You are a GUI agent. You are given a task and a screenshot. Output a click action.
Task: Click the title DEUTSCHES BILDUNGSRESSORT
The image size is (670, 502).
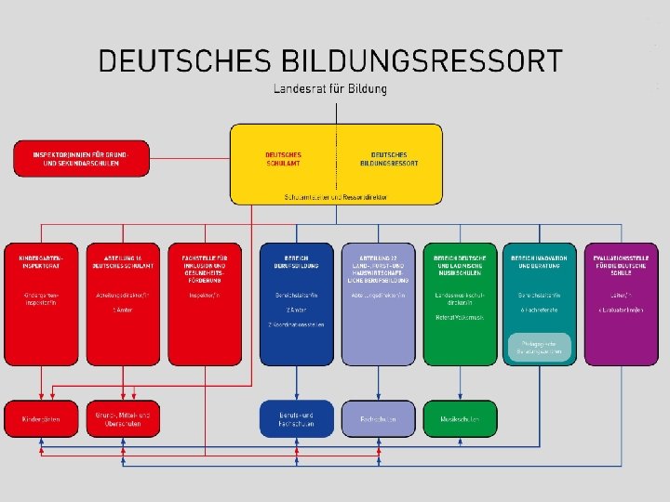point(329,61)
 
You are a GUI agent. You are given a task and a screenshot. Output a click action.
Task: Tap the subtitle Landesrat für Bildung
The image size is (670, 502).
point(330,89)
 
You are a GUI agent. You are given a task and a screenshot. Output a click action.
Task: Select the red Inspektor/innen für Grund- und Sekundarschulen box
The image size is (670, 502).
point(79,158)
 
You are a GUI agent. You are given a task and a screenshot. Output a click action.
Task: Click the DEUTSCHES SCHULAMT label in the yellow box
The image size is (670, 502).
point(284,158)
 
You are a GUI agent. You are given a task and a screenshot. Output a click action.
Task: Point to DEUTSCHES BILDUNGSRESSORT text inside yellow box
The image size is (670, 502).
point(389,158)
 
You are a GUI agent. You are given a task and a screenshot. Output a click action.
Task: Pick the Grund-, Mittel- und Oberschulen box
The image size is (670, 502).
point(123,418)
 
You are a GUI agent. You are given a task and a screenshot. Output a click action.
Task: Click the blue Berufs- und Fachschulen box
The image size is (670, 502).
point(296,418)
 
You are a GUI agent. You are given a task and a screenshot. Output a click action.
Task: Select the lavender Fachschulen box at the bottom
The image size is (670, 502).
point(377,419)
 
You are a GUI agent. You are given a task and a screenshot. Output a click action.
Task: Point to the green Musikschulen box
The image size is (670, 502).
point(459,419)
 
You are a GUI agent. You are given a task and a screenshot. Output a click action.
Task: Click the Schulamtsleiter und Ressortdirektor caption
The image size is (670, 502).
point(336,197)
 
